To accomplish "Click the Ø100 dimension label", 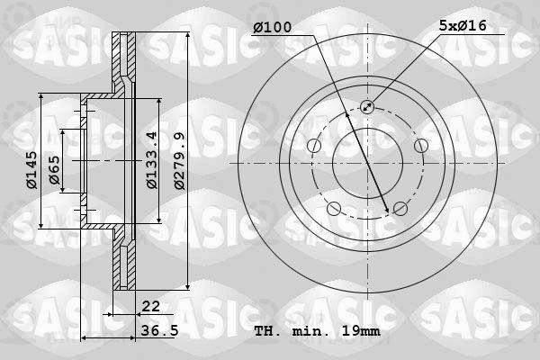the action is (272, 27).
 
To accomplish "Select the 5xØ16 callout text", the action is (463, 25).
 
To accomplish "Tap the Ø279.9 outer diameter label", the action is (179, 160).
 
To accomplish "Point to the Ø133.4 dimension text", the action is (151, 160).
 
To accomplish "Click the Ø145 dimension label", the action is (31, 170).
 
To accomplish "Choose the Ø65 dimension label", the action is (54, 170).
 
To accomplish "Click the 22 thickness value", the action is (151, 306).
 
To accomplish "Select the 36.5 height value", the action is (160, 330).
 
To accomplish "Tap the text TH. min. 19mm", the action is (317, 331).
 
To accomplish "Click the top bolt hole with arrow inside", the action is (367, 106).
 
